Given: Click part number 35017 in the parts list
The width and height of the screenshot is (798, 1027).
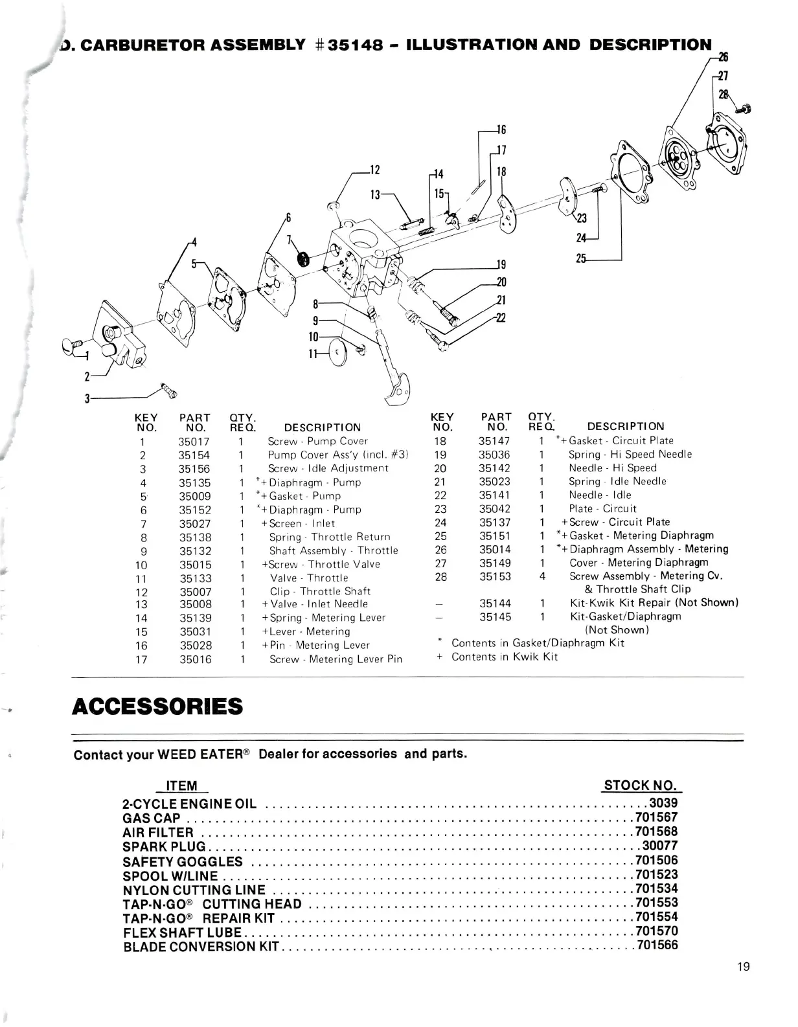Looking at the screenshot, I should coord(194,442).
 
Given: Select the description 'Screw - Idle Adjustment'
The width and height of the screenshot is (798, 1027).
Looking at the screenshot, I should coord(328,468).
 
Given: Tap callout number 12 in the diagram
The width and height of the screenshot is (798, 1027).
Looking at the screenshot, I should coord(374,170).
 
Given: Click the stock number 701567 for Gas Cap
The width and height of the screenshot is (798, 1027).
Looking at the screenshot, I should coord(656,817).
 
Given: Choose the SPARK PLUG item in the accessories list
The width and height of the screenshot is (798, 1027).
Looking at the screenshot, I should coord(164,846).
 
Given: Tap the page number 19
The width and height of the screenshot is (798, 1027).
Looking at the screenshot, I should coord(743,967).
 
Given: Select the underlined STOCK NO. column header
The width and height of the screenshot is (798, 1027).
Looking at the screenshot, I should coord(641,785).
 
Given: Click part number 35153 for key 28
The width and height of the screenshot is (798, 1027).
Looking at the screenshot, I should coord(495,576).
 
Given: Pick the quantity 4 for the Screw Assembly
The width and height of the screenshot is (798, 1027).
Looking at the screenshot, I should coord(542,576).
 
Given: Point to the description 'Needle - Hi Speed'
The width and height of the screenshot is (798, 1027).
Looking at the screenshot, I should coord(612,468).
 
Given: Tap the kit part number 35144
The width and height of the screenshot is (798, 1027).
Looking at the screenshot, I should coord(495,603).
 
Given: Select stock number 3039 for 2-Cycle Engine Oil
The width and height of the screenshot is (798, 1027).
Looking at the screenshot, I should coord(663,803).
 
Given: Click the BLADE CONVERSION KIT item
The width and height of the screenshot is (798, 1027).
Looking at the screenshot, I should coord(201,946).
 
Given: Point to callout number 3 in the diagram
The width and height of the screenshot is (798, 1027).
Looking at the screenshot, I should coord(87,398).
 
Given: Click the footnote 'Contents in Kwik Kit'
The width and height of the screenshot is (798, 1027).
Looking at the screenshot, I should coord(504,657).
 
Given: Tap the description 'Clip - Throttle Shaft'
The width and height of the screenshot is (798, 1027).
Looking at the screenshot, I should coord(320,591).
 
